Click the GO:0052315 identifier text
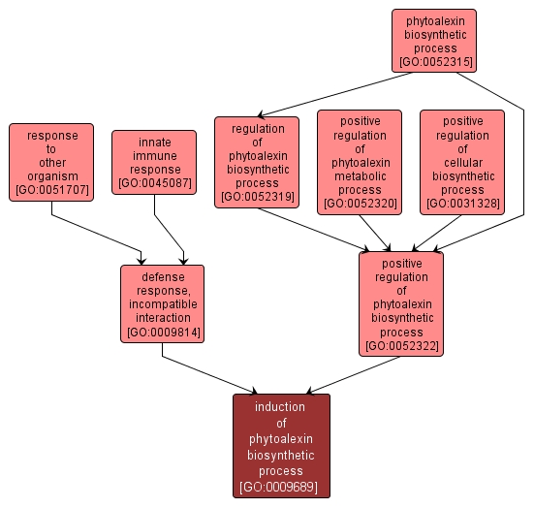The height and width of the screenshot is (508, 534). click(434, 62)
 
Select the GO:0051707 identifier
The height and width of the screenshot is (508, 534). click(51, 190)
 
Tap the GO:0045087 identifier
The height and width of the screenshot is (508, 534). click(154, 183)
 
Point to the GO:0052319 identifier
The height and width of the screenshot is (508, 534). click(257, 197)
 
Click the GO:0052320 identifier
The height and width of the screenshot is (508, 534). click(359, 204)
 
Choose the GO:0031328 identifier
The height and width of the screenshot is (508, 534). click(461, 204)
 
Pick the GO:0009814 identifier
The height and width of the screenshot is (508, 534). click(162, 333)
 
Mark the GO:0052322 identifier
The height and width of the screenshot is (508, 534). click(400, 346)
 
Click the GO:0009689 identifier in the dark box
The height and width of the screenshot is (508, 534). click(281, 487)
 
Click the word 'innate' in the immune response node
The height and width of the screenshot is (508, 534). click(154, 143)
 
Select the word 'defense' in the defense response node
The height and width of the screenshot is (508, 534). click(162, 277)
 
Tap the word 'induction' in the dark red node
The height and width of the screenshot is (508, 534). click(281, 407)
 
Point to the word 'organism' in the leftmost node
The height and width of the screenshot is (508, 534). click(51, 176)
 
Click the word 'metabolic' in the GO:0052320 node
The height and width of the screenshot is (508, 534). click(359, 176)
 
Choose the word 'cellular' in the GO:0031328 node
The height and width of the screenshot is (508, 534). click(461, 163)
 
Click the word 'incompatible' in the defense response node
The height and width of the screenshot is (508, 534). click(162, 304)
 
